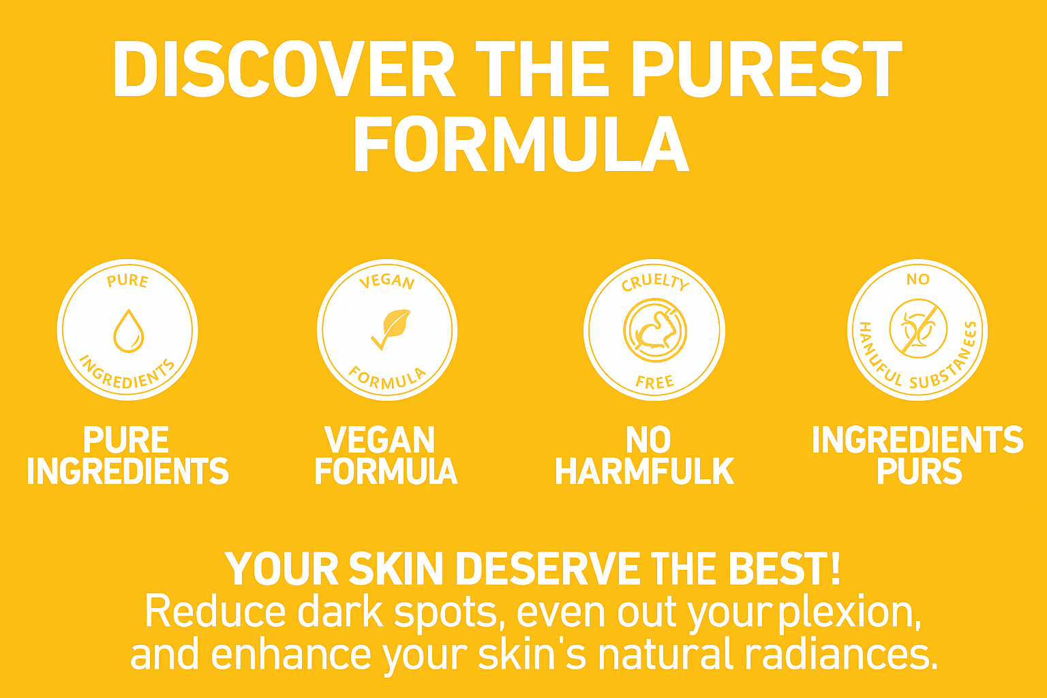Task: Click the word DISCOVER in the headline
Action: tap(284, 70)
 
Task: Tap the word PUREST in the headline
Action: tap(768, 70)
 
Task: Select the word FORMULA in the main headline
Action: tap(521, 144)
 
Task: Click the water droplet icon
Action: tap(129, 331)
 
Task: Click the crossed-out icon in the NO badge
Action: tap(918, 329)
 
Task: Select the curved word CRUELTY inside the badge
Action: tap(655, 282)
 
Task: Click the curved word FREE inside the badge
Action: tap(654, 382)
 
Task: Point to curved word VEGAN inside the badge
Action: tap(387, 282)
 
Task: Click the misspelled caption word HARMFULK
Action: tap(645, 471)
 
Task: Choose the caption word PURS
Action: tap(920, 471)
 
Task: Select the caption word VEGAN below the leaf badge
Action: tap(380, 440)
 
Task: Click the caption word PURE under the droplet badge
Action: tap(125, 440)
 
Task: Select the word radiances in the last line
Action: tap(841, 654)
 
